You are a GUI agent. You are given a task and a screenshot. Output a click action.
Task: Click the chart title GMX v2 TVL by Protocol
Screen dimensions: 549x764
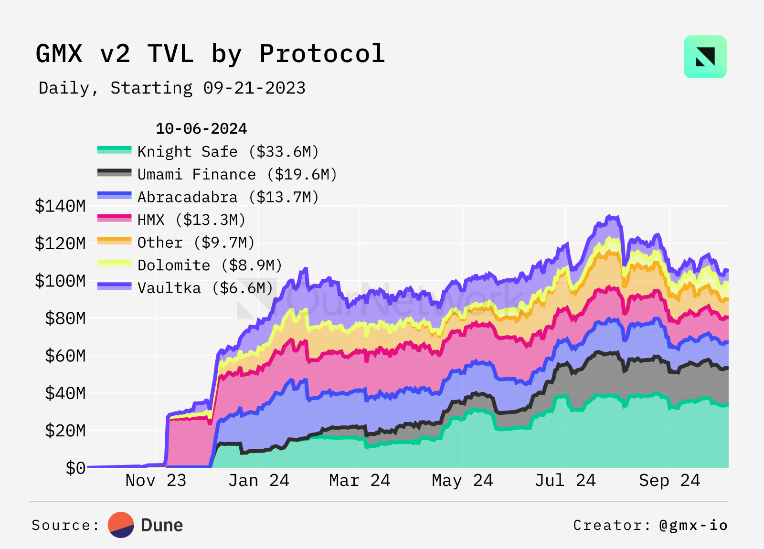click(x=210, y=53)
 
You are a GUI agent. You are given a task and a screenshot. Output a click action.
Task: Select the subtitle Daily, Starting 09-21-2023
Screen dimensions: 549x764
click(x=172, y=88)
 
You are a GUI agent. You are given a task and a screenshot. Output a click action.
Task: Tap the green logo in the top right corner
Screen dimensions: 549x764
click(x=705, y=57)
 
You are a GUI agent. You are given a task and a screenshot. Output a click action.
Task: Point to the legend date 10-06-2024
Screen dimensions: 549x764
click(x=201, y=128)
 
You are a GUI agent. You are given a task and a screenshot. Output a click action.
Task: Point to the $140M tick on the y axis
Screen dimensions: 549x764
click(x=60, y=206)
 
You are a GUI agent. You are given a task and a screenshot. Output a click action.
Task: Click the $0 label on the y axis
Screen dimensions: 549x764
click(x=75, y=468)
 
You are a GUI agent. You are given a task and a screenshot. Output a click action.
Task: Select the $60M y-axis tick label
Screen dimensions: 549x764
click(x=65, y=356)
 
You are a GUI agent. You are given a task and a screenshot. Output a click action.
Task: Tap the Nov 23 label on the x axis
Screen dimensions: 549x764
click(x=156, y=480)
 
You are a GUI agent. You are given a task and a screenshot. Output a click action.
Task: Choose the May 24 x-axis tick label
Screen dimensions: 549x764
click(x=462, y=480)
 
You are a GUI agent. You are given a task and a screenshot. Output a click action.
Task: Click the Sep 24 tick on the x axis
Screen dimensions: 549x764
click(x=669, y=480)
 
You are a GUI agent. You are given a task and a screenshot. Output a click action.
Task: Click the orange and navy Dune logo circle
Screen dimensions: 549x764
click(x=121, y=525)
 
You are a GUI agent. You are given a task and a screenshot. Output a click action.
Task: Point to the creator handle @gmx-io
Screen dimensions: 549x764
click(x=693, y=525)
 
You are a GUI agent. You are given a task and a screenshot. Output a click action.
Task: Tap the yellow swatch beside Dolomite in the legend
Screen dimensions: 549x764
click(x=114, y=264)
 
